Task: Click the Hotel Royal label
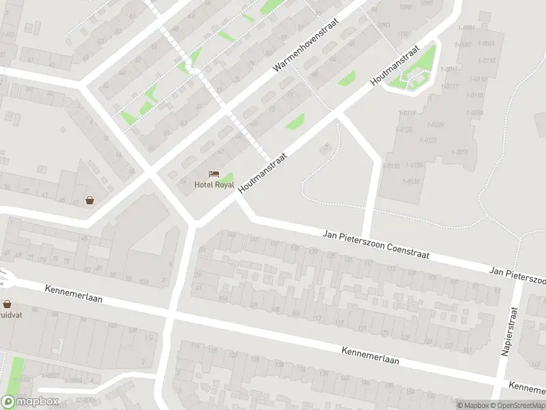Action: (214, 184)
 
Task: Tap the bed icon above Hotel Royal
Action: (214, 175)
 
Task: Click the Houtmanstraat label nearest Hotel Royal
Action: (263, 172)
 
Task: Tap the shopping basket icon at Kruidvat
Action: (8, 304)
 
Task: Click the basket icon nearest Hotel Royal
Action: (89, 200)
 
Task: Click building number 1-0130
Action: (412, 181)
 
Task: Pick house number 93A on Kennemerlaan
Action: (143, 281)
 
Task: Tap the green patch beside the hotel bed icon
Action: (227, 179)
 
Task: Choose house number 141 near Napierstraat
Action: (468, 350)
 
